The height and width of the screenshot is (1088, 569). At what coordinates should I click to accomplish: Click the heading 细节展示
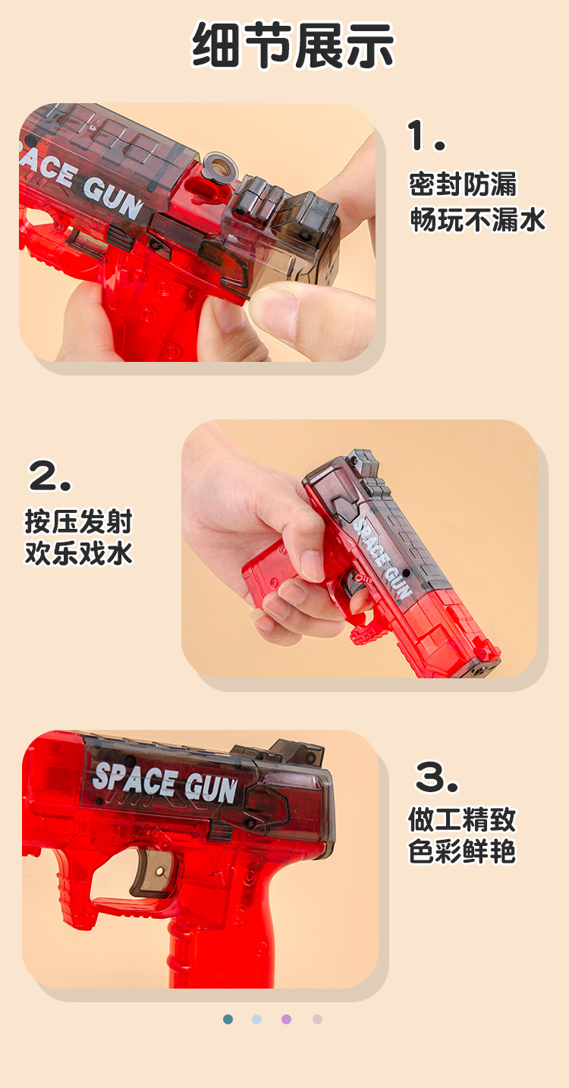(x=293, y=46)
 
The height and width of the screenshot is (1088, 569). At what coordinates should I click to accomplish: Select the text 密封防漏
(x=463, y=184)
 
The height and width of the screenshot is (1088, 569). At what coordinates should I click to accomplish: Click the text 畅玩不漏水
(x=478, y=219)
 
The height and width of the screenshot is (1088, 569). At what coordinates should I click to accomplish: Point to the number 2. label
(x=50, y=476)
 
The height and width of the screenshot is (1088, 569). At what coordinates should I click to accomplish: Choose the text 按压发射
(x=79, y=522)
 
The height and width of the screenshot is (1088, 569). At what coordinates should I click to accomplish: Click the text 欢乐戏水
(x=79, y=553)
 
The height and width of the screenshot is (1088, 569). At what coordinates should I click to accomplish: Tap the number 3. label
(x=437, y=777)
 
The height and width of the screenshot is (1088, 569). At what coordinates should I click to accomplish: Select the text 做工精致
(x=462, y=819)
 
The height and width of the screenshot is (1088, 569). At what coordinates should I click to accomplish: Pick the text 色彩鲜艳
(x=462, y=851)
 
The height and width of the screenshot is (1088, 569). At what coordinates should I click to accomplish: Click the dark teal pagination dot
(x=228, y=1019)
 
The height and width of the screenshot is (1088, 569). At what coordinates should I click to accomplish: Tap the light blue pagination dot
(x=257, y=1019)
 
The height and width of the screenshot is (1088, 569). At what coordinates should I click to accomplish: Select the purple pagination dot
(x=287, y=1019)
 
